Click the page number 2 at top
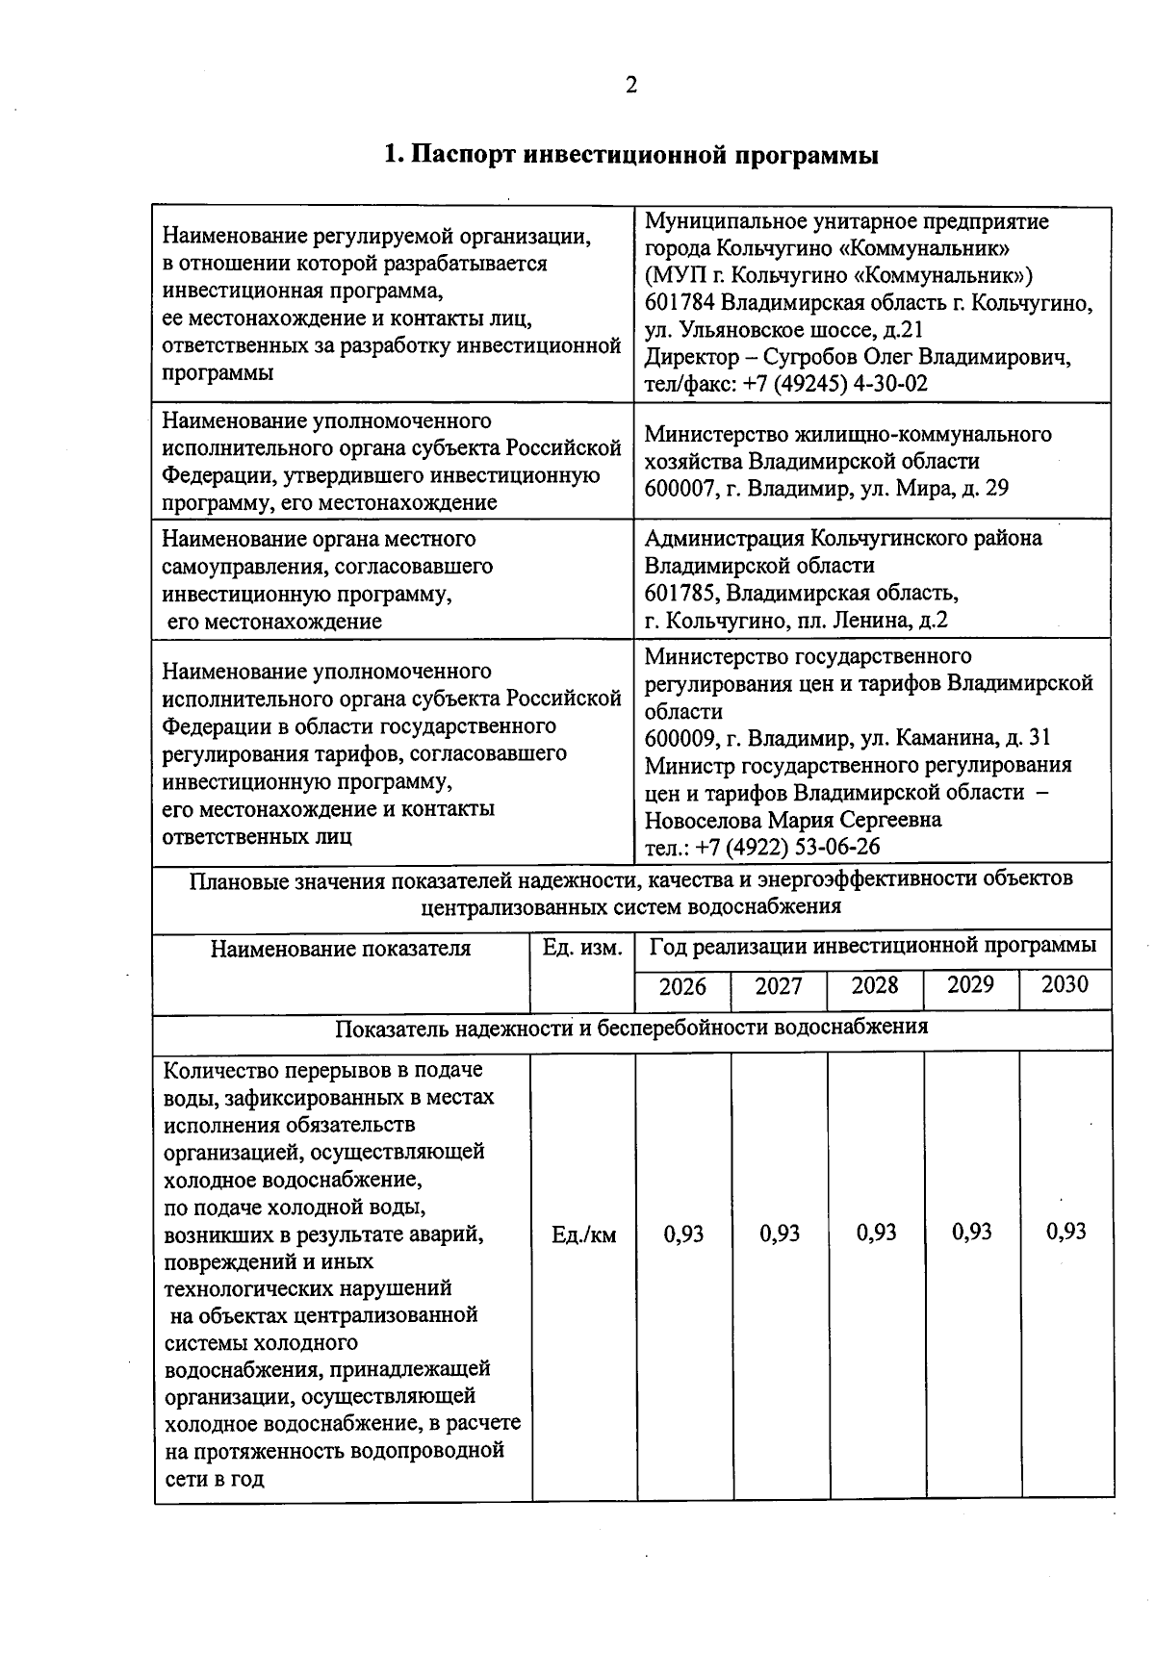pyautogui.click(x=631, y=87)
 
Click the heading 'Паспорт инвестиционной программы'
pyautogui.click(x=630, y=156)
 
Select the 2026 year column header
pyautogui.click(x=682, y=987)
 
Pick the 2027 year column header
pyautogui.click(x=778, y=987)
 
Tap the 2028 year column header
pyautogui.click(x=875, y=986)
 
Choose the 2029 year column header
pyautogui.click(x=970, y=985)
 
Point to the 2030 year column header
pyautogui.click(x=1065, y=985)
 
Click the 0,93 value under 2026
pyautogui.click(x=684, y=1233)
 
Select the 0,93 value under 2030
pyautogui.click(x=1066, y=1232)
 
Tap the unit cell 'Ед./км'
pyautogui.click(x=583, y=1234)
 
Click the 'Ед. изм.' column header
pyautogui.click(x=582, y=948)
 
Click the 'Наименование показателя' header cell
pyautogui.click(x=341, y=949)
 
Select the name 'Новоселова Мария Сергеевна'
pyautogui.click(x=793, y=821)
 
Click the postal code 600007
pyautogui.click(x=680, y=489)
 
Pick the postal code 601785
pyautogui.click(x=680, y=593)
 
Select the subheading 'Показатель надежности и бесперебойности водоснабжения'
pyautogui.click(x=631, y=1028)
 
